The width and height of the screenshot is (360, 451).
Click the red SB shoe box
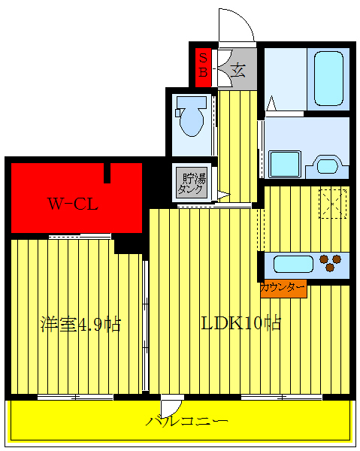[203, 65]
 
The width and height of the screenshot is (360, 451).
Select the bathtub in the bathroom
[328, 78]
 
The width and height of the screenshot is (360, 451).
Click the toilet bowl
[190, 118]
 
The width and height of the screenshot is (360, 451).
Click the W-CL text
[74, 203]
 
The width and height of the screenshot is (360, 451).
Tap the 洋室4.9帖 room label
[80, 325]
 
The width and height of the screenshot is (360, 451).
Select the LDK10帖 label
[240, 323]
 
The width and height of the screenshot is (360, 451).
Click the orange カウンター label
[283, 287]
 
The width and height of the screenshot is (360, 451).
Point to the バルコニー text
[187, 420]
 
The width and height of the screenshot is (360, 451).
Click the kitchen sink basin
[291, 263]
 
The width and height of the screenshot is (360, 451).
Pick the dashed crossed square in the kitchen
[331, 204]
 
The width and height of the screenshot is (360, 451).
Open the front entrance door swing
[234, 27]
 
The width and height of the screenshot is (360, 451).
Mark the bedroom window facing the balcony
[75, 396]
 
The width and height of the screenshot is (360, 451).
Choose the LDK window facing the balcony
[282, 396]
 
